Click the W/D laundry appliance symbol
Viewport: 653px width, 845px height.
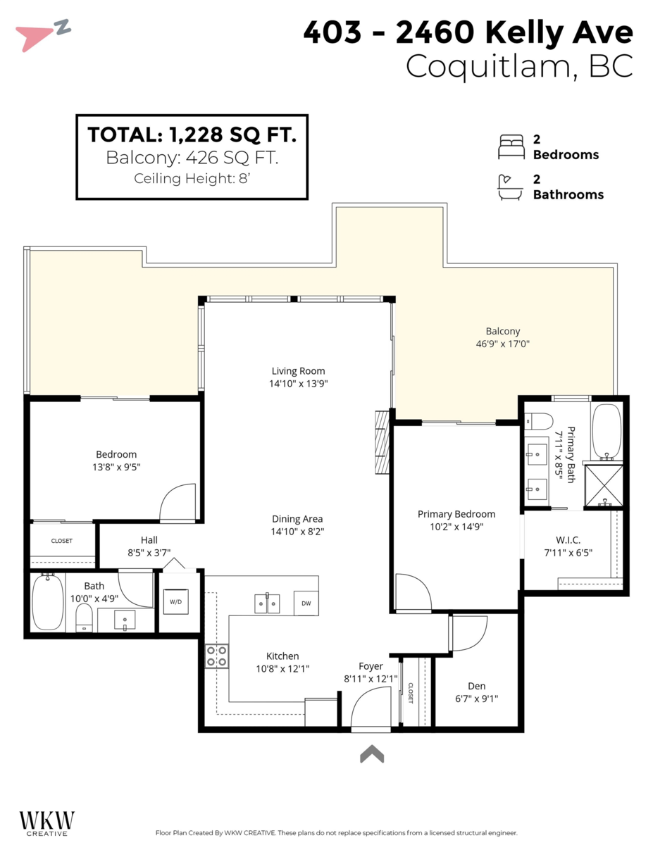pos(176,601)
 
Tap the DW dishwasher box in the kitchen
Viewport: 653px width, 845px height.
pos(306,603)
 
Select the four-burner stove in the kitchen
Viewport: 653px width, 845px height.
pos(217,656)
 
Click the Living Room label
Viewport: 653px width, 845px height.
pos(298,371)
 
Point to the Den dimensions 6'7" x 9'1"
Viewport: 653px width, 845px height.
pos(476,699)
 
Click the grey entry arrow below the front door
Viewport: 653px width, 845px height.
pos(372,753)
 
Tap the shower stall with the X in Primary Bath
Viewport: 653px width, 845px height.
pos(604,486)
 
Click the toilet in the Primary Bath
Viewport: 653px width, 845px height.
pos(539,421)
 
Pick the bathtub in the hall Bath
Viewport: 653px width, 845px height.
pos(47,602)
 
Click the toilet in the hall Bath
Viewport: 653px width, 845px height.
pos(84,618)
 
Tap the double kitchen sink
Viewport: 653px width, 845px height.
pos(267,603)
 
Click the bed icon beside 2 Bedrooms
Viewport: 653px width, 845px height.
pos(511,147)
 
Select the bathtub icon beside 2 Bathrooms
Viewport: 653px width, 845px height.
pos(510,187)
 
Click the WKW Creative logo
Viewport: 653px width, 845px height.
pos(47,822)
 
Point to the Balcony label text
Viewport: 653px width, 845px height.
pos(502,332)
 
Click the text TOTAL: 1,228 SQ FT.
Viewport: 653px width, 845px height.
pos(192,134)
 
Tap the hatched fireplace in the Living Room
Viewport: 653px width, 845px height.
pos(383,442)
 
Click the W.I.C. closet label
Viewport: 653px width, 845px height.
pos(568,540)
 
